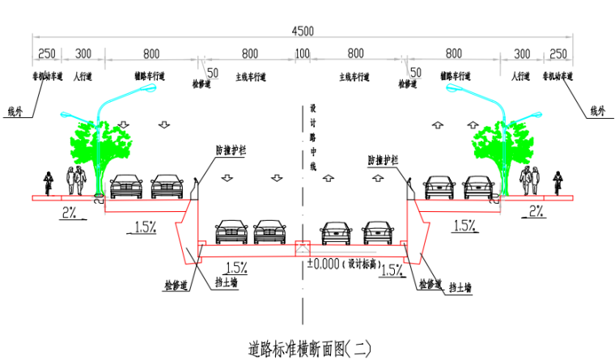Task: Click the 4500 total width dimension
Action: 303,31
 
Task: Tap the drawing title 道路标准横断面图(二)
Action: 310,349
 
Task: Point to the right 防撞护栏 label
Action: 383,160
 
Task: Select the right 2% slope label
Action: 537,211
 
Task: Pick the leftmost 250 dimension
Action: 47,54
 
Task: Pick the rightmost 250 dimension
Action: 558,54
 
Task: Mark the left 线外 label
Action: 15,112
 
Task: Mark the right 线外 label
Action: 597,110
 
